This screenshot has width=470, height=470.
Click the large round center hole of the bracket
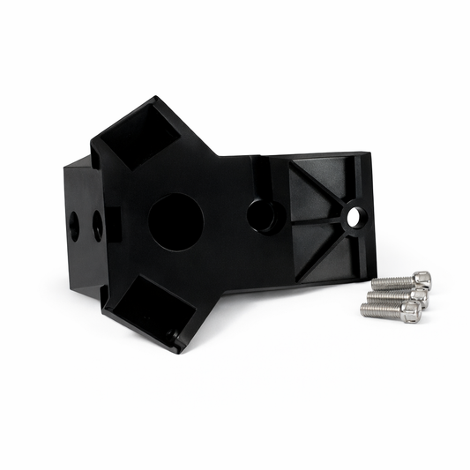(175, 221)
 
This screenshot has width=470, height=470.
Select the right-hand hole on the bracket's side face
(97, 226)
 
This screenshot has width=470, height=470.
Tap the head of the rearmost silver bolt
(422, 280)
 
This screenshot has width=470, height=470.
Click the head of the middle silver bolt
(418, 296)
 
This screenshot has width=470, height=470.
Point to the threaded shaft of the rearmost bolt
(391, 283)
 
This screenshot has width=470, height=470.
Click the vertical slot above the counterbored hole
(263, 175)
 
